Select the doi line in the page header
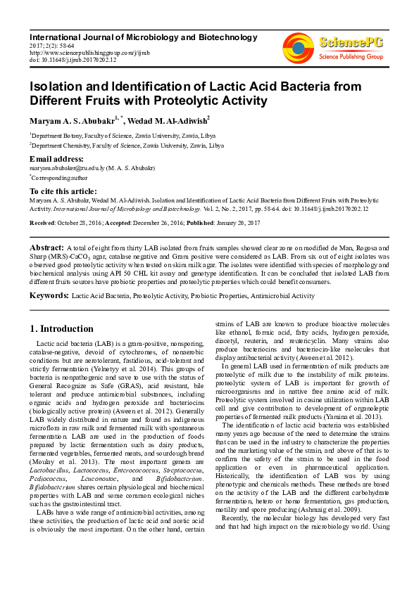[x=73, y=60]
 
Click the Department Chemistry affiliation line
[x=127, y=146]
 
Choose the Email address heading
[x=56, y=160]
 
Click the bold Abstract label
[x=46, y=248]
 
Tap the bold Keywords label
[x=49, y=296]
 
